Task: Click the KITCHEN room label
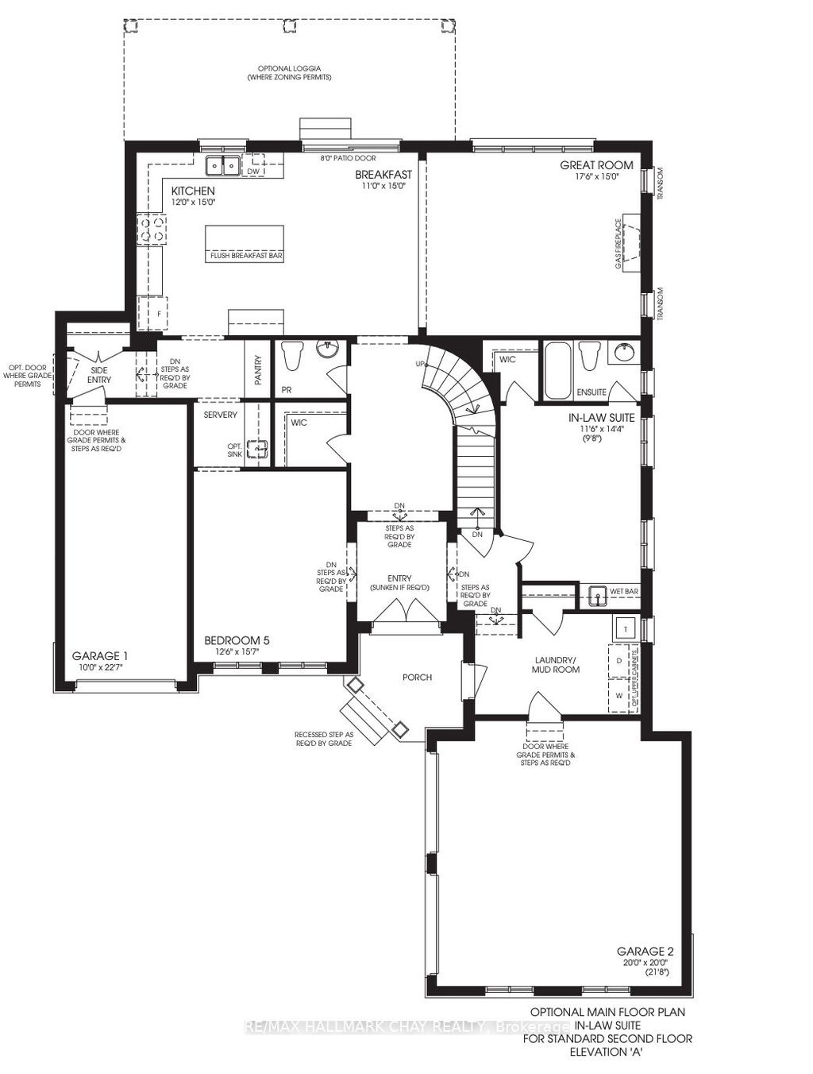pos(193,191)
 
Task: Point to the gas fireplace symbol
pos(632,242)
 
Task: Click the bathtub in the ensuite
pos(558,369)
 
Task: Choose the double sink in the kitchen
pos(223,166)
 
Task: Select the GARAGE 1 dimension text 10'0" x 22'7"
pos(101,667)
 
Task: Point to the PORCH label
pos(417,677)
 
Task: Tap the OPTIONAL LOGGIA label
pos(288,68)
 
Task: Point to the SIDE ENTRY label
pos(100,374)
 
